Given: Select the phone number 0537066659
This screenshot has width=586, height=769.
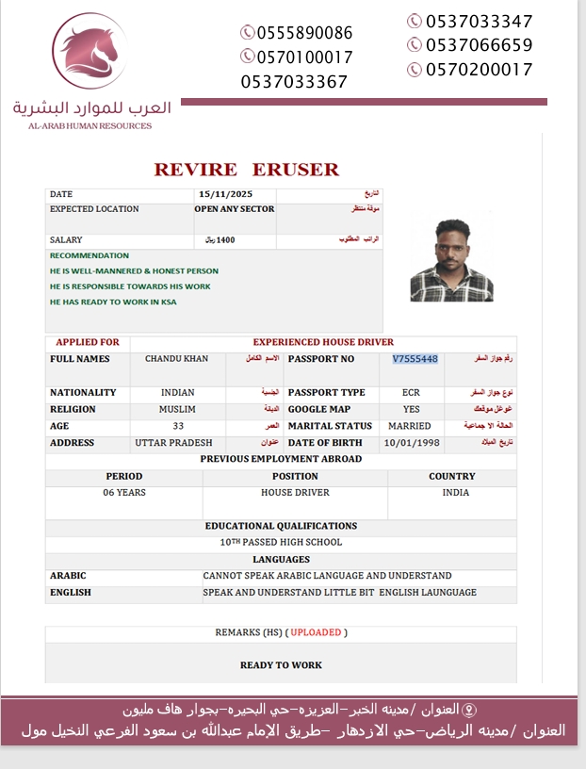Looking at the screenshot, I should pyautogui.click(x=479, y=45).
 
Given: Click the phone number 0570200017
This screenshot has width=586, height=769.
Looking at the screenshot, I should pyautogui.click(x=479, y=70).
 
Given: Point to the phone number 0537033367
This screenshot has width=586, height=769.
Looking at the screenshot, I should pyautogui.click(x=294, y=82).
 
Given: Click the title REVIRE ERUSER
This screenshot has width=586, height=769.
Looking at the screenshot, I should pyautogui.click(x=246, y=170).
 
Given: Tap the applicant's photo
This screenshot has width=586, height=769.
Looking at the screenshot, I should pyautogui.click(x=452, y=260).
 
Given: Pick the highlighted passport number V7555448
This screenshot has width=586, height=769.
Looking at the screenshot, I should pyautogui.click(x=415, y=359).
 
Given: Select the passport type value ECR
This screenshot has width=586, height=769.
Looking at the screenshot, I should pyautogui.click(x=411, y=392).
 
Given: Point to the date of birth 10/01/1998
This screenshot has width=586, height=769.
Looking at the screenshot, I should pyautogui.click(x=411, y=443).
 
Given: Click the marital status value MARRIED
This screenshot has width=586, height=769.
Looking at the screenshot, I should pyautogui.click(x=410, y=426).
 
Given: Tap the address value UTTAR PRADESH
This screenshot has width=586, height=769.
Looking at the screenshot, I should pyautogui.click(x=173, y=443).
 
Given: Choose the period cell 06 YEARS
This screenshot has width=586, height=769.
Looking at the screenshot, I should pyautogui.click(x=124, y=493).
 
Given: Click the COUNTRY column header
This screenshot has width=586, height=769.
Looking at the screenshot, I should pyautogui.click(x=451, y=477).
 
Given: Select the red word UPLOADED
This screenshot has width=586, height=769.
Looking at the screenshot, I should pyautogui.click(x=316, y=632).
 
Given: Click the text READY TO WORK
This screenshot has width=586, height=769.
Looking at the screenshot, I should pyautogui.click(x=281, y=665).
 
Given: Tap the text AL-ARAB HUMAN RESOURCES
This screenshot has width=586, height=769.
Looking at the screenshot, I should pyautogui.click(x=90, y=125).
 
